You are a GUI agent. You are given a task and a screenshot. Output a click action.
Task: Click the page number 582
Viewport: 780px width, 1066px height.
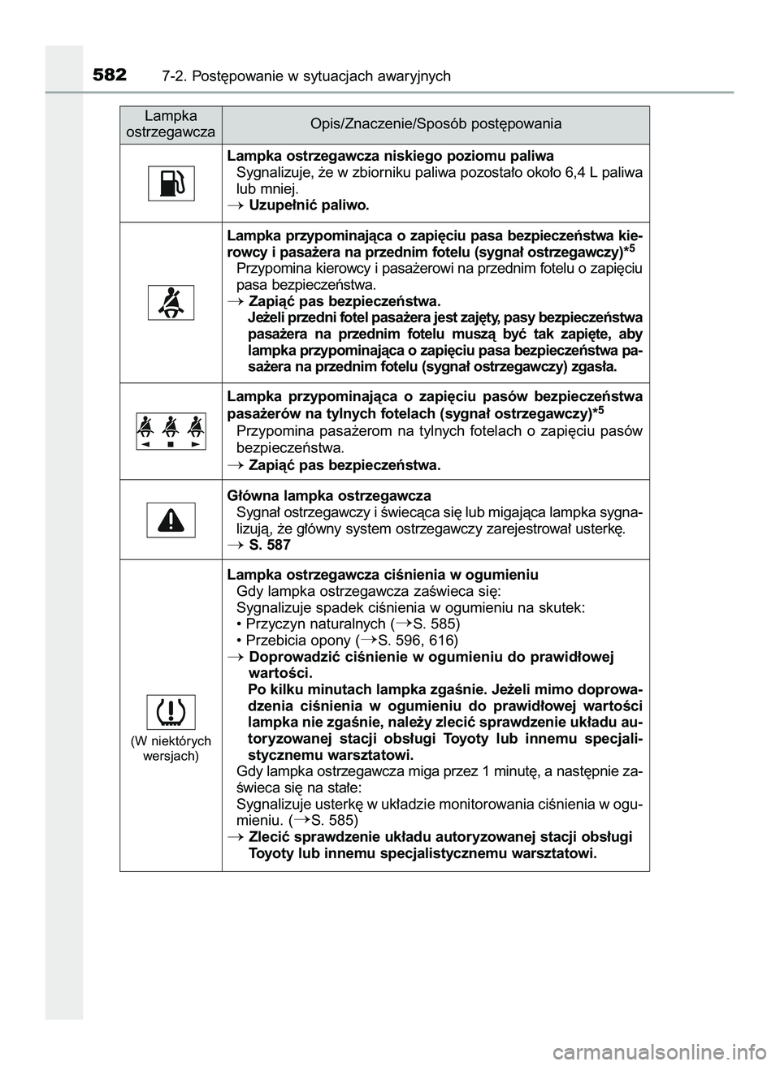[x=109, y=76]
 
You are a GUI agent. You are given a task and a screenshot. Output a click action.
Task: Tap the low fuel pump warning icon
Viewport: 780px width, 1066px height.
[x=171, y=183]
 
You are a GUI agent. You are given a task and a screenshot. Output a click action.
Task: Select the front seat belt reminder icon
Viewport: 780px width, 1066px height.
[x=171, y=303]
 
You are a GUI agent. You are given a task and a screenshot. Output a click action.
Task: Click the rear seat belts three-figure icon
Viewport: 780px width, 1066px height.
[x=171, y=430]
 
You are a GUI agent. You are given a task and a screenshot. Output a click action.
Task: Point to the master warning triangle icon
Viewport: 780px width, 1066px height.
[x=171, y=520]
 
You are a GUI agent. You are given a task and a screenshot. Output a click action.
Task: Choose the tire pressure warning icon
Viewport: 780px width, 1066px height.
[x=171, y=712]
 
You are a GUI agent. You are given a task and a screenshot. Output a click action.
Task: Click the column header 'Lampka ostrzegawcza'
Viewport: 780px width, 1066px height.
[x=171, y=124]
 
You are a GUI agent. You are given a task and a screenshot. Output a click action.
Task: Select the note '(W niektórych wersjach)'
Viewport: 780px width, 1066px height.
[x=171, y=748]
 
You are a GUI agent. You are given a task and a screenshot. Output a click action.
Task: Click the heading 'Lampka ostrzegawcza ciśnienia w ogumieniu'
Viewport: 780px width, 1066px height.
[x=382, y=575]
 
